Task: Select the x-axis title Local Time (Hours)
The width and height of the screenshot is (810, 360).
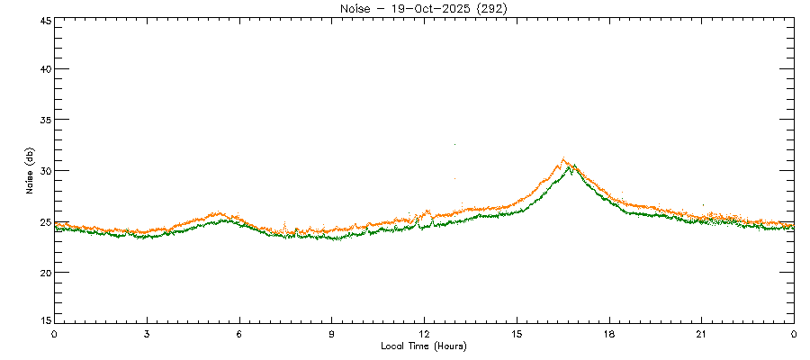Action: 423,346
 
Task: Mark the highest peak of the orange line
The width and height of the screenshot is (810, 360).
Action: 563,159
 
